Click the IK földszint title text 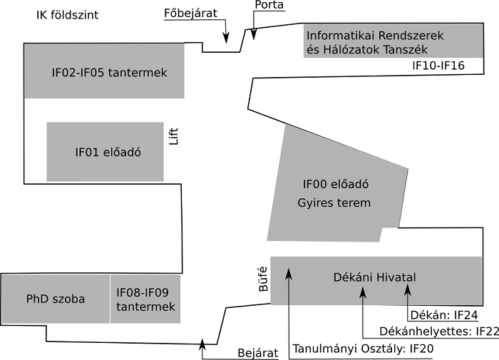tap(68, 16)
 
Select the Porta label tap(269, 6)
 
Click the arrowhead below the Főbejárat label tap(227, 38)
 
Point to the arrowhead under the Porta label tap(253, 34)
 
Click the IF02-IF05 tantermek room tap(104, 71)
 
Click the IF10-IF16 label tap(438, 66)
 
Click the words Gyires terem tap(334, 203)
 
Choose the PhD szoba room tap(55, 299)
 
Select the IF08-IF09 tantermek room tap(145, 299)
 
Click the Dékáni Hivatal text tap(374, 277)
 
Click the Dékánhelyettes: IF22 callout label tap(428, 331)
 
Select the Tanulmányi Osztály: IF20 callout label tap(362, 349)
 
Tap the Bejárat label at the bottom tap(256, 355)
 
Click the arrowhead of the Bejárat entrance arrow tap(202, 343)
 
